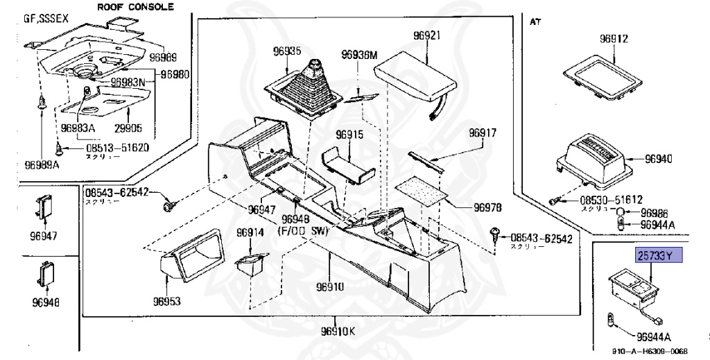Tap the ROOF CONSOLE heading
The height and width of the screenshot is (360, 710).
click(135, 8)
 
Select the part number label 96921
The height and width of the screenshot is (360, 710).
click(426, 35)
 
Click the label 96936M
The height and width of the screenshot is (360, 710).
click(358, 55)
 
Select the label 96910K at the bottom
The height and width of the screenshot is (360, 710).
click(337, 332)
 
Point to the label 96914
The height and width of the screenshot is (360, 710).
click(250, 232)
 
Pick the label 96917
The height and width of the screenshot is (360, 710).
click(482, 132)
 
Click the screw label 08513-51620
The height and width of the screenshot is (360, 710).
click(117, 148)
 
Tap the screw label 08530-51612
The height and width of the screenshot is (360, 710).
click(601, 199)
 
